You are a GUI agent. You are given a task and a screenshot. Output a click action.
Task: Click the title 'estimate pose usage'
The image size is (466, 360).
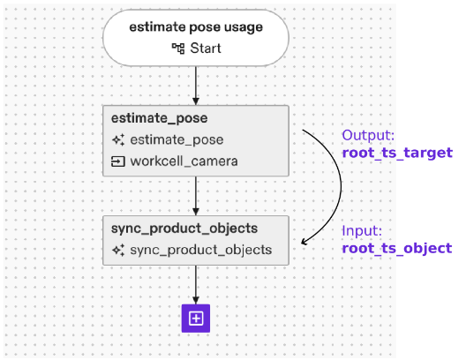click(x=196, y=27)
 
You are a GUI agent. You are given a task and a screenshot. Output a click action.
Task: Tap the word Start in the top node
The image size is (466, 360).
click(x=206, y=48)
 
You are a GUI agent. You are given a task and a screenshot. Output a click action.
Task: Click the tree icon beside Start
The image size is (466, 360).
click(x=177, y=48)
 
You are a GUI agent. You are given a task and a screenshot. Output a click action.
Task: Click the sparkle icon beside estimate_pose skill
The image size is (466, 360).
click(x=117, y=140)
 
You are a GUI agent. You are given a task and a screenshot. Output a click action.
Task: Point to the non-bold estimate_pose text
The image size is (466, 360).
click(x=177, y=140)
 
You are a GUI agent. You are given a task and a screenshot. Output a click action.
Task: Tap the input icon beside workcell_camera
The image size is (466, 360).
click(x=117, y=161)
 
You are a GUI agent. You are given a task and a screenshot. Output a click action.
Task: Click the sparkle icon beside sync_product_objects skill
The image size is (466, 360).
click(x=117, y=251)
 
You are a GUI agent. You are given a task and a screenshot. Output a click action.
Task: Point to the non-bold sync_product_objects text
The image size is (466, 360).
click(x=200, y=251)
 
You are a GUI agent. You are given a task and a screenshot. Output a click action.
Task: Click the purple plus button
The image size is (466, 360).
click(x=196, y=319)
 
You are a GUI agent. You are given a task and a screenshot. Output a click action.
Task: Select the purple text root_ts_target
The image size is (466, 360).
click(x=396, y=153)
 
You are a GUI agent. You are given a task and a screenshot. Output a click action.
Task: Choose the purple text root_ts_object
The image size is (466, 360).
click(x=396, y=248)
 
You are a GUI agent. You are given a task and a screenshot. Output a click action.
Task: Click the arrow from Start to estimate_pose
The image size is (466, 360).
click(x=196, y=86)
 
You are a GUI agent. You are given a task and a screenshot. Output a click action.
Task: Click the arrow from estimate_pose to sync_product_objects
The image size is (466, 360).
click(x=196, y=195)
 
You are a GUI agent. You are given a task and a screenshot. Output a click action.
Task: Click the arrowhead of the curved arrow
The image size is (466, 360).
click(x=305, y=241)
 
